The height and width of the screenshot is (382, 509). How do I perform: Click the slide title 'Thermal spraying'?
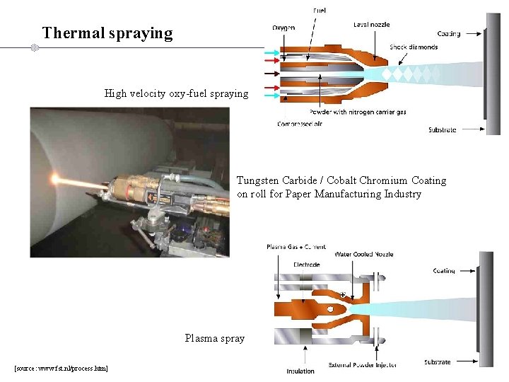coord(107,33)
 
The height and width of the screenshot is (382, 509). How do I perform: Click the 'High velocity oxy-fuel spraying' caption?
coord(176,93)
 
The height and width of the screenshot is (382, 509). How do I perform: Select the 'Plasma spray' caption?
coord(215,338)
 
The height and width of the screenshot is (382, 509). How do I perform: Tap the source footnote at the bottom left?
coord(61,369)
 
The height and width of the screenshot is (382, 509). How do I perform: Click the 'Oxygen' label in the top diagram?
coord(283,28)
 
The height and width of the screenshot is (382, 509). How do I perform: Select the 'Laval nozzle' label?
coord(371,25)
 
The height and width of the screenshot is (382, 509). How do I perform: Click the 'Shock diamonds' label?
coord(414,47)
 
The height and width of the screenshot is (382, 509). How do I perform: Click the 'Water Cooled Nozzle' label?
coord(363,254)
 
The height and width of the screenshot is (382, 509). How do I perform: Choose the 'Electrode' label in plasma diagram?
coord(306,265)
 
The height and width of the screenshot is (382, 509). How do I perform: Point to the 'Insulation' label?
coord(300,371)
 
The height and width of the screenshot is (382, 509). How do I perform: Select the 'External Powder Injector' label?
coord(362,365)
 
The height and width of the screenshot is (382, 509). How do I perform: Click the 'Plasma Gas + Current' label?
coord(296,247)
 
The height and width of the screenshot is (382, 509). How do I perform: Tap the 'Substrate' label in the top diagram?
coord(443,129)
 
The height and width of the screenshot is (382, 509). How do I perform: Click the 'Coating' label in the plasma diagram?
coord(444,271)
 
